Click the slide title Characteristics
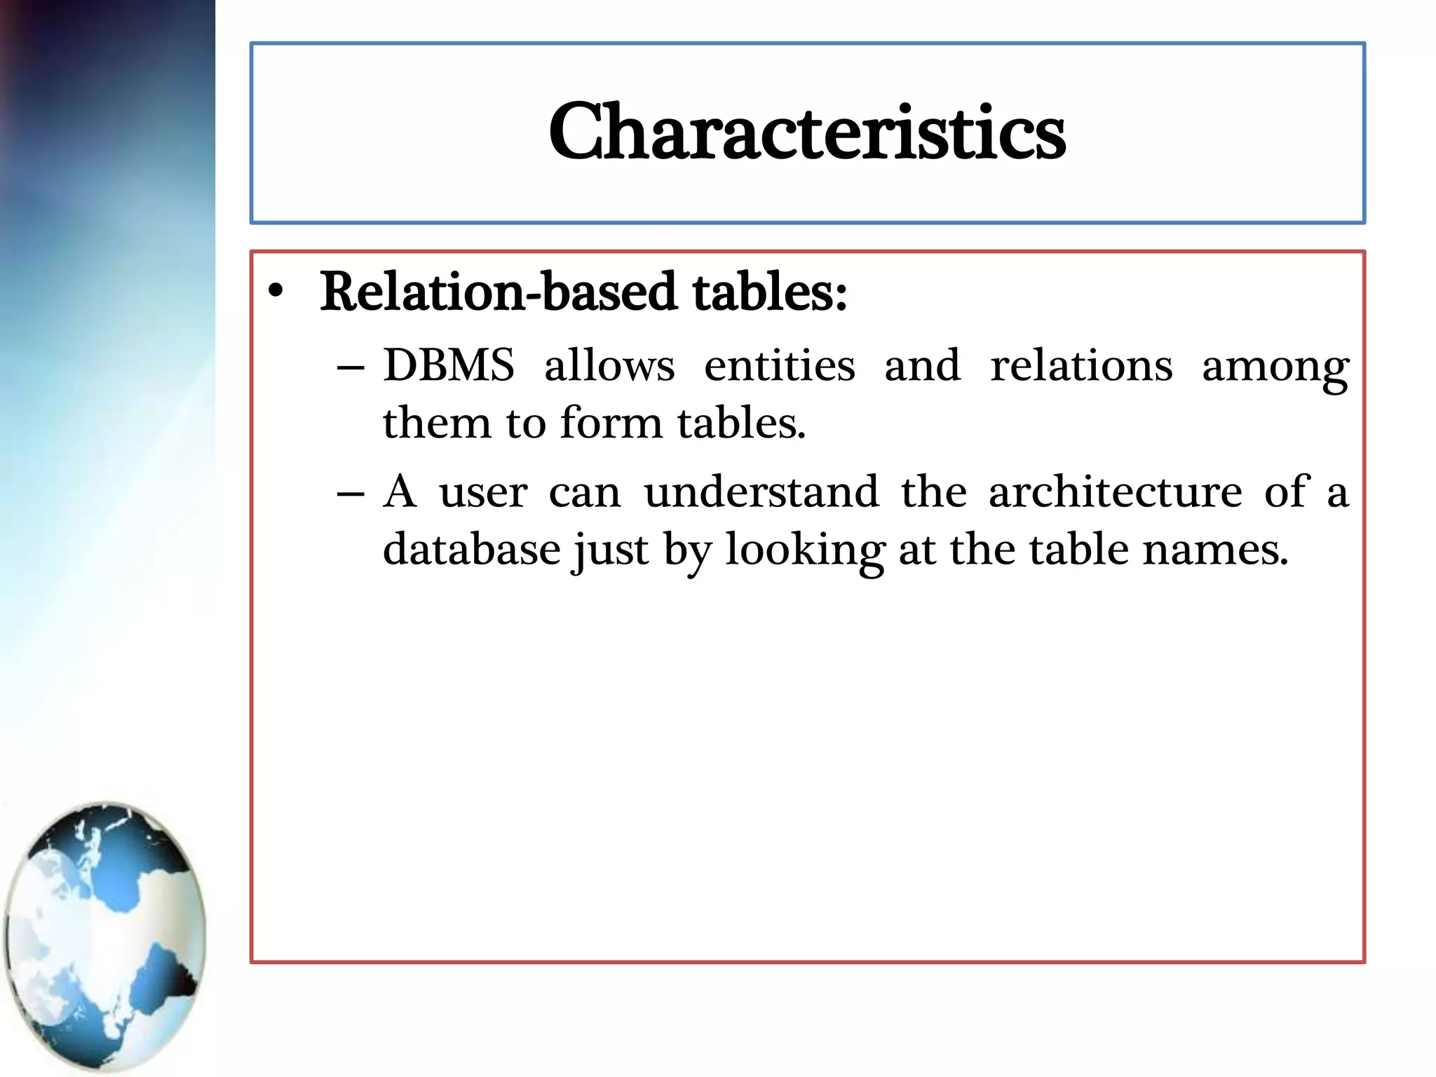pyautogui.click(x=807, y=132)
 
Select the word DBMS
pyautogui.click(x=449, y=365)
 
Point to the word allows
pyautogui.click(x=609, y=365)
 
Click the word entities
pyautogui.click(x=779, y=365)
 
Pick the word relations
pyautogui.click(x=1081, y=365)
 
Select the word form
pyautogui.click(x=611, y=423)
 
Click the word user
pyautogui.click(x=483, y=492)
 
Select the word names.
pyautogui.click(x=1215, y=550)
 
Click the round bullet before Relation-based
pyautogui.click(x=276, y=292)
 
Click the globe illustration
pyautogui.click(x=105, y=936)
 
